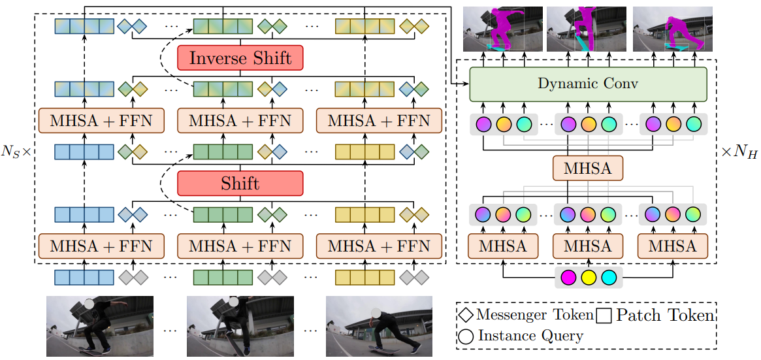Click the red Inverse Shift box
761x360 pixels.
(x=240, y=58)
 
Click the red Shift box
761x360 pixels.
(x=240, y=184)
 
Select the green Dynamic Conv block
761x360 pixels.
(x=588, y=84)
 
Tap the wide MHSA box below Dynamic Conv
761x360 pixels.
(x=588, y=169)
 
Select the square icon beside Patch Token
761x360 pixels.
(x=604, y=316)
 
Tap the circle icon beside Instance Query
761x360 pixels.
(x=467, y=336)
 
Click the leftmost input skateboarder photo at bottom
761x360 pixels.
(x=100, y=325)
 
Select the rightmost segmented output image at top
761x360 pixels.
(x=671, y=29)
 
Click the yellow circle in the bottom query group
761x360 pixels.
(x=588, y=277)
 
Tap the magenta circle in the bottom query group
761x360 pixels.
(x=568, y=277)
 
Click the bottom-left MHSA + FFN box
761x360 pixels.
(x=101, y=246)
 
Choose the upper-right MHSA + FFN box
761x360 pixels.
(x=379, y=121)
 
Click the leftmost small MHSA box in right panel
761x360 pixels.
(x=503, y=246)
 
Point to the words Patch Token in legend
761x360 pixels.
(x=665, y=316)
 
